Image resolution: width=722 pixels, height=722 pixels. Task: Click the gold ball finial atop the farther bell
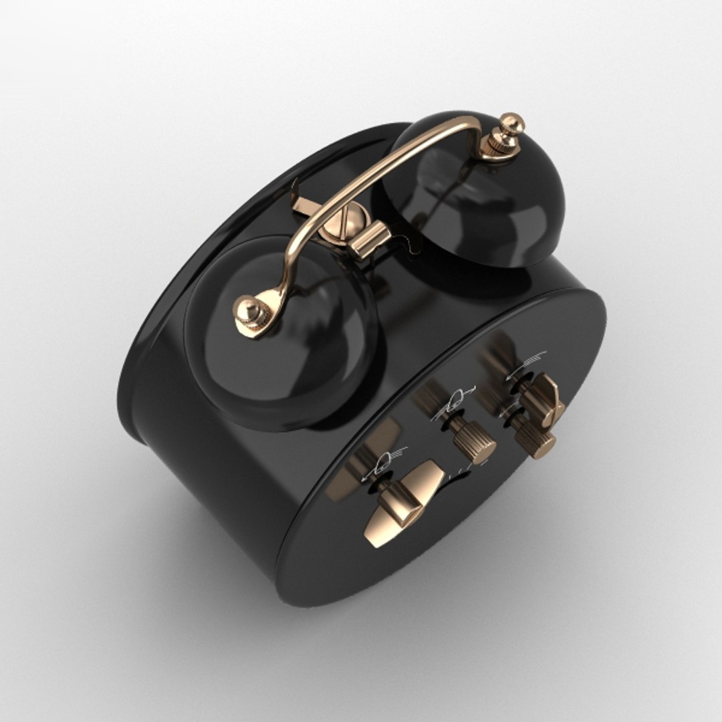click(512, 123)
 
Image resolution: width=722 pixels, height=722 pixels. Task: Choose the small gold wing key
click(545, 398)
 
